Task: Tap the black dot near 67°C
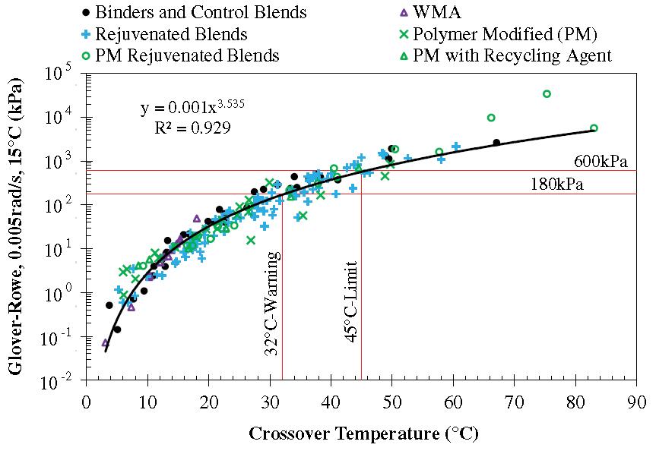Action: click(496, 142)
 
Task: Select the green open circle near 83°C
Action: click(594, 128)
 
